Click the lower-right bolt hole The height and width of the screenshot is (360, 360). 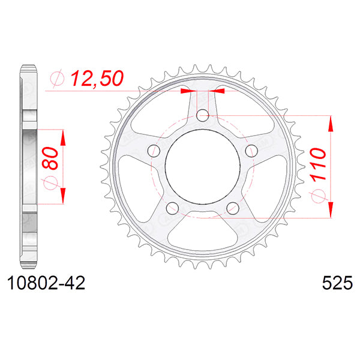coord(233,208)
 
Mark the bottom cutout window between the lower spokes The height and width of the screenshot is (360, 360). coord(203,232)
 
